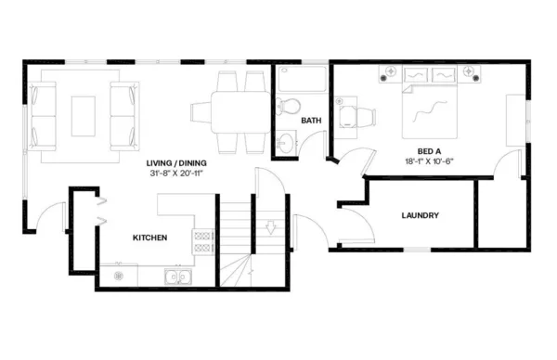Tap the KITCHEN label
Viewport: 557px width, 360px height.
[x=149, y=238]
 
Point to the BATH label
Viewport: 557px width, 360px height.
[x=311, y=121]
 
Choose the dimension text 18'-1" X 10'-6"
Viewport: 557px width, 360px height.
[x=429, y=161]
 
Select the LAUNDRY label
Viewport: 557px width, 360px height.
[x=420, y=216]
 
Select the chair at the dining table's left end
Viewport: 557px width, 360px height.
[x=201, y=112]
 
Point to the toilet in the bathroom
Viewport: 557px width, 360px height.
[x=287, y=105]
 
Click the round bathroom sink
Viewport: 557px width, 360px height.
[x=286, y=144]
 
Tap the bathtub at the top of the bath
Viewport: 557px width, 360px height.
[x=301, y=78]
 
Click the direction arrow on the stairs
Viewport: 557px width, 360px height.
[x=272, y=225]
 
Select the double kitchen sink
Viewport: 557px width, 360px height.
[x=175, y=275]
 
